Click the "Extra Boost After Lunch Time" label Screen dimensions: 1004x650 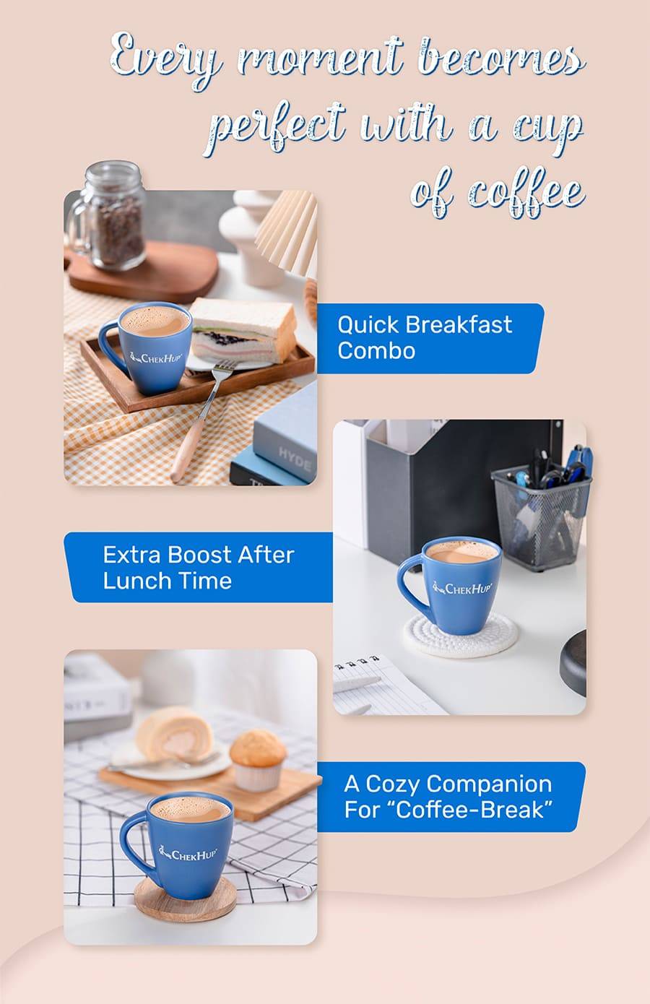[x=199, y=568]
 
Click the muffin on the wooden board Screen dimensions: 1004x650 [x=258, y=755]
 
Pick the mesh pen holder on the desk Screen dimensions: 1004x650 [x=541, y=515]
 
